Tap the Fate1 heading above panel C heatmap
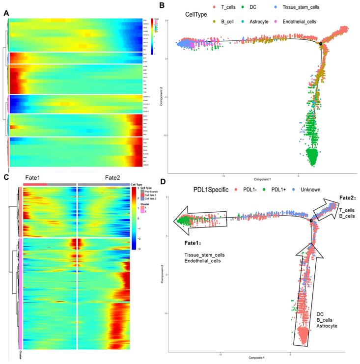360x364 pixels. tap(34, 178)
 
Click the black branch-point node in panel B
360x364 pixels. tap(321, 44)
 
